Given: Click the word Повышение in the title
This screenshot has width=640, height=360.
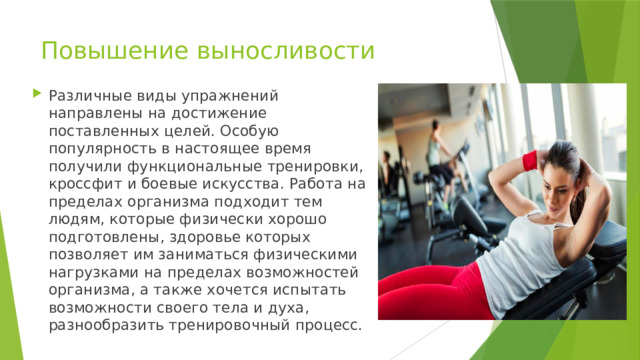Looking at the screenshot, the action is click(115, 51).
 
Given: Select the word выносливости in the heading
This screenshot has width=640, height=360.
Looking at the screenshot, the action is click(285, 51).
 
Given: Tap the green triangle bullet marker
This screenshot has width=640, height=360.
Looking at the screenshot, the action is click(37, 93).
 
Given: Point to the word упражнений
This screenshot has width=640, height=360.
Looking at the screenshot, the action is click(230, 96).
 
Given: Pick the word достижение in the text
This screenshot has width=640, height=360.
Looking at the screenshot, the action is click(218, 113).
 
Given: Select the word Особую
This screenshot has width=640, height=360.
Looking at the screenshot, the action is click(249, 131).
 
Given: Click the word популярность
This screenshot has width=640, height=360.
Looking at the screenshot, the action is click(102, 149).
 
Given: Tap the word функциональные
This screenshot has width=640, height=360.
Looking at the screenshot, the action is click(194, 167).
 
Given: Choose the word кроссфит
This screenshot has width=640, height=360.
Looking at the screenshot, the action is click(85, 184).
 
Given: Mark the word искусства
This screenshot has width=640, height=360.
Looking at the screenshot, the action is click(241, 184).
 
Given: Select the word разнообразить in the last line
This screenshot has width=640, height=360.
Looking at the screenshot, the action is click(107, 326).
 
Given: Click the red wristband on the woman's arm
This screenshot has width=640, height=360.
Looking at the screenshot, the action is click(530, 160).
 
